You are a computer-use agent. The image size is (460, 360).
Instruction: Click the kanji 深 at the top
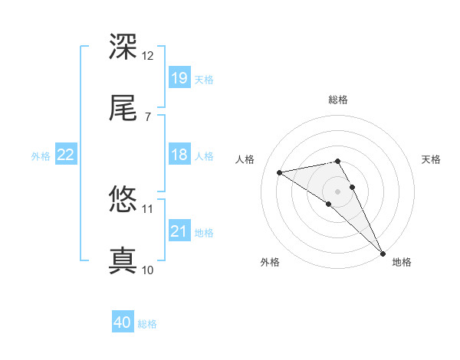coord(123,47)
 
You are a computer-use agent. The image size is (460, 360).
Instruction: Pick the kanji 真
coord(123,260)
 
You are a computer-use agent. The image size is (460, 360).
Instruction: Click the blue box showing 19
coord(179,77)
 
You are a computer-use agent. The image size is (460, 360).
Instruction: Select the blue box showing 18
coord(179,155)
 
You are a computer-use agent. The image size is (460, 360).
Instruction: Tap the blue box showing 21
coord(179,231)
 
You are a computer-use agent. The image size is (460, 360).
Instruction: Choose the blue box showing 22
coord(66,155)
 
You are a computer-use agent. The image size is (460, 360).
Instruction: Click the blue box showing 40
coord(123,323)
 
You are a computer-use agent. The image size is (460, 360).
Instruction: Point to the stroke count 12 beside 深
coord(147,55)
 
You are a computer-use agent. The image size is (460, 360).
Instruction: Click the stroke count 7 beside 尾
coord(147,116)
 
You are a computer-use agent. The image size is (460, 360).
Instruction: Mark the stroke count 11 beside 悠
coord(147,208)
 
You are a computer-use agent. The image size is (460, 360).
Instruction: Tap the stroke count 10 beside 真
coord(147,270)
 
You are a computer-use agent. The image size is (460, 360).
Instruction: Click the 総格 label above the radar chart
coord(338,100)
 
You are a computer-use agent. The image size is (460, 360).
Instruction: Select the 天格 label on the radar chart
coord(431,159)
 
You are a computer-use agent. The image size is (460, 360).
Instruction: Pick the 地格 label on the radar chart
coord(402,262)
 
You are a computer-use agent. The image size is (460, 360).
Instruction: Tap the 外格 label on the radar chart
coord(270,262)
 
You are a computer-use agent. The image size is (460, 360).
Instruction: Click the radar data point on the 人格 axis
coord(280,172)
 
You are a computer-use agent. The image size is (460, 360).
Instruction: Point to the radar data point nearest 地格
coord(383,253)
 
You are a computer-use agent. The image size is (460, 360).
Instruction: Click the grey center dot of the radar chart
coord(338,191)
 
